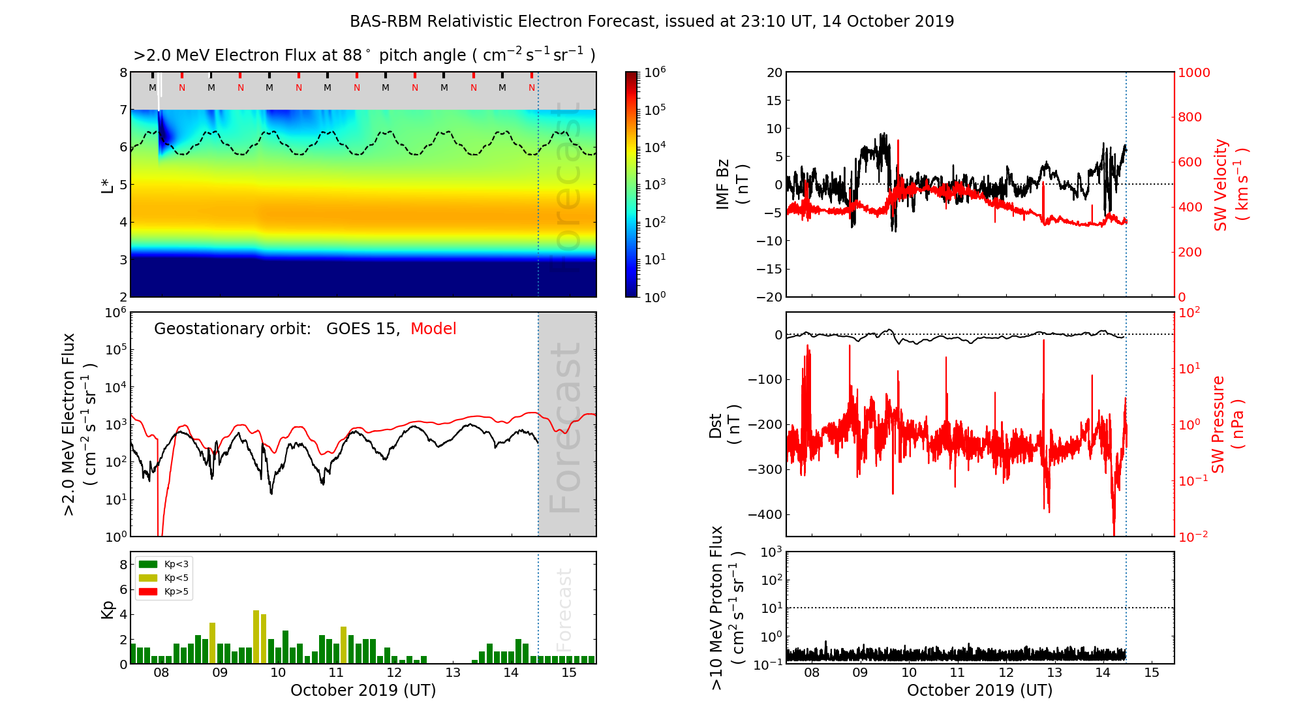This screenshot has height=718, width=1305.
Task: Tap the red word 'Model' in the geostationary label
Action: (433, 329)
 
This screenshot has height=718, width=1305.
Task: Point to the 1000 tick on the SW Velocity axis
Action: (1193, 72)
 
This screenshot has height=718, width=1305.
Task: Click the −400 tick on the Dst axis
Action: (765, 514)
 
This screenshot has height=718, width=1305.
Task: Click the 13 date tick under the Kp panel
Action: (453, 673)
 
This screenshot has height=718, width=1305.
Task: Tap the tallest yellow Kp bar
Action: (256, 636)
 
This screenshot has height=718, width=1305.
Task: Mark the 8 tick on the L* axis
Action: (123, 72)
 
